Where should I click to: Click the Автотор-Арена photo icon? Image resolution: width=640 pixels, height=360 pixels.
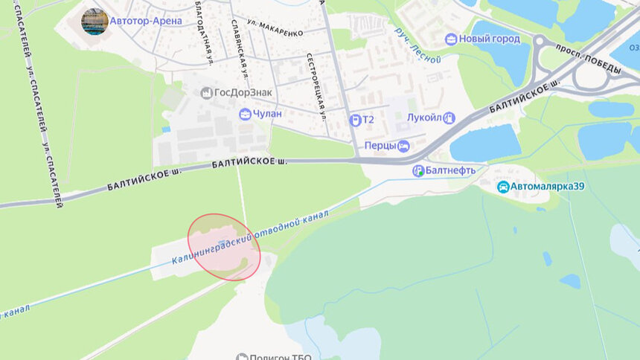[x=95, y=22]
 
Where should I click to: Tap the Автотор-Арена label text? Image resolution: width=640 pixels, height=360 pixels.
[x=146, y=21]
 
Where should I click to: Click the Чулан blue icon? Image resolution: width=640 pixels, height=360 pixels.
[x=245, y=114]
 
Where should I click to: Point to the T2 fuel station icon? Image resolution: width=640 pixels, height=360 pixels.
[x=356, y=119]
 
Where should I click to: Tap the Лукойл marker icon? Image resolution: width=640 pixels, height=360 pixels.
[x=449, y=118]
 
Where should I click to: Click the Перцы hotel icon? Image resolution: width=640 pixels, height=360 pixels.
[x=403, y=147]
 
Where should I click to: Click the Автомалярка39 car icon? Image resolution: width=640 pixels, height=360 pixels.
[x=503, y=187]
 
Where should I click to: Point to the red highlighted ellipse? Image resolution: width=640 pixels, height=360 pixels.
[x=223, y=247]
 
